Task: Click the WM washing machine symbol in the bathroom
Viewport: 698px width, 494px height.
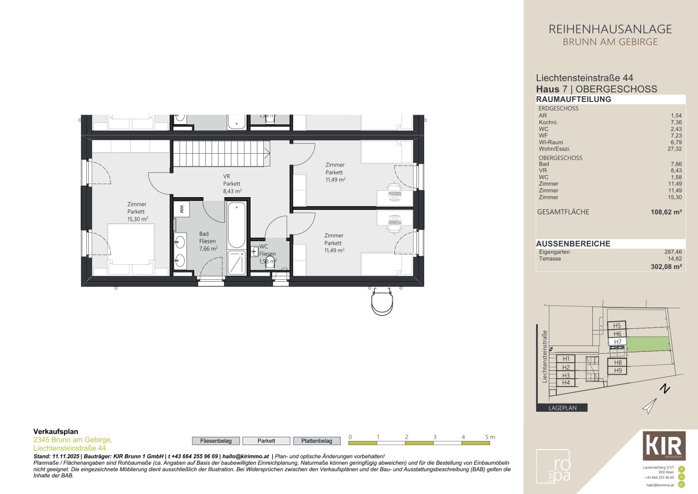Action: click(181, 209)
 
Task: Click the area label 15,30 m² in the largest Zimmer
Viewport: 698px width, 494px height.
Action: click(138, 219)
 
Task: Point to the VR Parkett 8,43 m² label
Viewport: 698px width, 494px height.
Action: click(232, 184)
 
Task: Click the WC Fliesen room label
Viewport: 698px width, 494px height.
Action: click(267, 250)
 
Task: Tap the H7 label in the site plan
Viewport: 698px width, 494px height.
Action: click(618, 342)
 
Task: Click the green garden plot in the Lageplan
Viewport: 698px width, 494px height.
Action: click(647, 344)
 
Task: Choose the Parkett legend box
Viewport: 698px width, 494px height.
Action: click(266, 441)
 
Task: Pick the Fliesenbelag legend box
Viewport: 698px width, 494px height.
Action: click(216, 441)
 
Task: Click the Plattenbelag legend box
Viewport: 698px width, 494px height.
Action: click(316, 441)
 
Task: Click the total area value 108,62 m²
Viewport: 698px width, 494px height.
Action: click(666, 212)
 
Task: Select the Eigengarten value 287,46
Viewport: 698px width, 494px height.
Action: click(673, 252)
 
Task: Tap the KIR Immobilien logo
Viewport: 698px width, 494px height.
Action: click(664, 446)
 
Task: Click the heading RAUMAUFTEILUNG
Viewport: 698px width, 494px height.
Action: click(573, 99)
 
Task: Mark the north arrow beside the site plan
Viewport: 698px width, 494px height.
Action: click(650, 405)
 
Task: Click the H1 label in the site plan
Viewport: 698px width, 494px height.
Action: click(566, 359)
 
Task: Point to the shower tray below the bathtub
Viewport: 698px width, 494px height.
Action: click(236, 263)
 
